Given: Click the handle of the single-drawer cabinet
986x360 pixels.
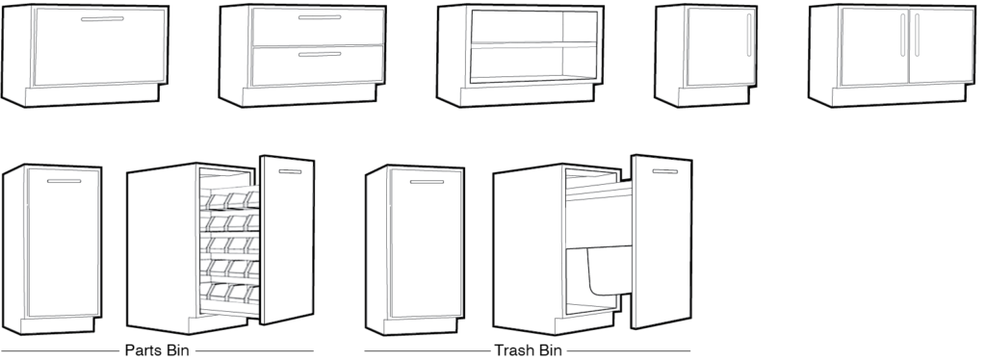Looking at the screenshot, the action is (x=102, y=19).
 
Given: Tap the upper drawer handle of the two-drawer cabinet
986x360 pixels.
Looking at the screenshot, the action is (x=320, y=17).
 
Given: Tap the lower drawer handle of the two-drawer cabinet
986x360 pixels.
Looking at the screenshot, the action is (x=320, y=55).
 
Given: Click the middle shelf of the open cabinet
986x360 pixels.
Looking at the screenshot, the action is (x=533, y=44).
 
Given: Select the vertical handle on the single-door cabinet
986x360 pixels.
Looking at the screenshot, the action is (x=749, y=36).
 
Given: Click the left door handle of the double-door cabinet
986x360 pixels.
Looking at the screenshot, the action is (x=903, y=35).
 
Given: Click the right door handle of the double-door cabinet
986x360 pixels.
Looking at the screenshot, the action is (x=917, y=35).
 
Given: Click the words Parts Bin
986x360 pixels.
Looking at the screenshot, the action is (x=157, y=350).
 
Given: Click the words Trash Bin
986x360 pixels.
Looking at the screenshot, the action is (x=529, y=350).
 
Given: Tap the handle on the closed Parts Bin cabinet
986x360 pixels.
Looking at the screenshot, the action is (x=65, y=181).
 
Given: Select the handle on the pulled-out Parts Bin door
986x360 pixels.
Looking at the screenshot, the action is (x=290, y=171).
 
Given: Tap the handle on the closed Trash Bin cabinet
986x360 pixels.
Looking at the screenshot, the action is (x=427, y=182).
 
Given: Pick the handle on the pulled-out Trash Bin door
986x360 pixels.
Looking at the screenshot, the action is (x=664, y=171).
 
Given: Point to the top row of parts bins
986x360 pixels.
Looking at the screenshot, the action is (x=230, y=199).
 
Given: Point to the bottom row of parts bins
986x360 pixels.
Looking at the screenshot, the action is (x=230, y=293).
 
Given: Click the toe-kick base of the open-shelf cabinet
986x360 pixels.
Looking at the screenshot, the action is (x=527, y=96).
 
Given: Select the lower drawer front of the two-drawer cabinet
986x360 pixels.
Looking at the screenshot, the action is (x=318, y=65).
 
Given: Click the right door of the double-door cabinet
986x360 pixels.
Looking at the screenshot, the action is (x=941, y=46).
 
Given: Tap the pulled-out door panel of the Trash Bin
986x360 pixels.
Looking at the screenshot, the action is (x=662, y=242).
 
